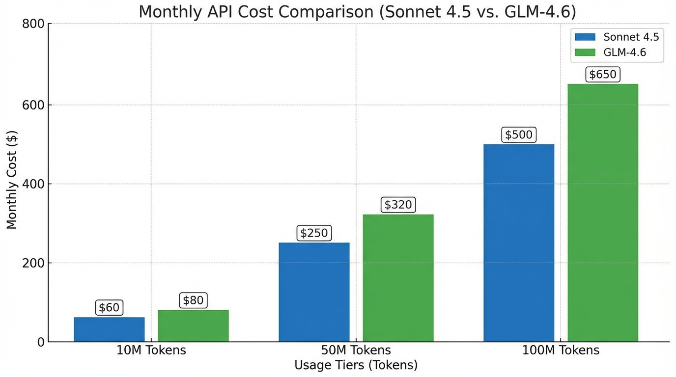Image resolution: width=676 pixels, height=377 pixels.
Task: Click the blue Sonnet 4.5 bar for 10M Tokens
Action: tap(109, 329)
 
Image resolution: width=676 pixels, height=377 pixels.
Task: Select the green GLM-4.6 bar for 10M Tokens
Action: tap(193, 325)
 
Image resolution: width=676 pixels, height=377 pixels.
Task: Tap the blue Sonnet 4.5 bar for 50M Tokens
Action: tap(314, 292)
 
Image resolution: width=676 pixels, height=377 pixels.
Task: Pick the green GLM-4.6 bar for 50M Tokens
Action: tap(398, 278)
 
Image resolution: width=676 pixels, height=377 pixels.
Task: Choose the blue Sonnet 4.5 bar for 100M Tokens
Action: tap(519, 243)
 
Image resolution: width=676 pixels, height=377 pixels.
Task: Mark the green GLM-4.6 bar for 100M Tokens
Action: tap(603, 213)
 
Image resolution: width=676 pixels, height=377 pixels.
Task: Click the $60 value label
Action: tap(109, 308)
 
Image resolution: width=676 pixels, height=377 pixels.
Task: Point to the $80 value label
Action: tap(193, 300)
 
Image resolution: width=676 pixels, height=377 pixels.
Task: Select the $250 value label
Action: tap(314, 233)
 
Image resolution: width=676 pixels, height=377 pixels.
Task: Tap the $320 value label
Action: tap(398, 205)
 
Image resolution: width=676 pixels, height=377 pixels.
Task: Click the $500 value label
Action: tap(519, 135)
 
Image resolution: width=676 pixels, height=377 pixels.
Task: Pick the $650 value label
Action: tap(603, 75)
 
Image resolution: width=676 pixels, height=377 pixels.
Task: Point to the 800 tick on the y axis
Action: tap(33, 24)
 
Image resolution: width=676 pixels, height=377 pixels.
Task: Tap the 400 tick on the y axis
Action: tap(33, 184)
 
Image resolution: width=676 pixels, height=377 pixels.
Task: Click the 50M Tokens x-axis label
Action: tap(356, 350)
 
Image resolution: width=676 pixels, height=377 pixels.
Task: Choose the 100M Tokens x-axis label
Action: tap(561, 350)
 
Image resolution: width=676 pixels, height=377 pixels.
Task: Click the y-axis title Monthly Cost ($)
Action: tap(12, 180)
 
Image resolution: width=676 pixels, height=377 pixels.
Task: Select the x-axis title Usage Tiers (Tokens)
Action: tap(356, 365)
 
